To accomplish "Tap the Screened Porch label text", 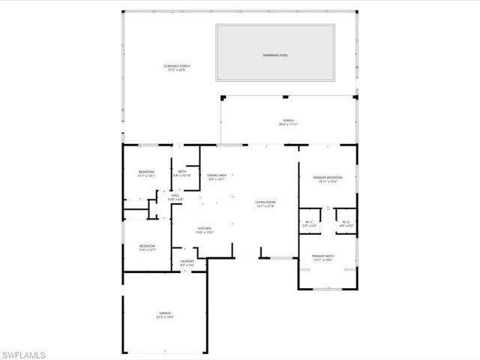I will (176, 66).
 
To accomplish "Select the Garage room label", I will (165, 313).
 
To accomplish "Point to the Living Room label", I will (266, 202).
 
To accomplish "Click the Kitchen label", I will (205, 229).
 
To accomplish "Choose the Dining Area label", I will (216, 175).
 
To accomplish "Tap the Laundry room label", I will (187, 261).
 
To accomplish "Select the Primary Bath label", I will (328, 256).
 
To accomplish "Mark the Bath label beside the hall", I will (183, 172).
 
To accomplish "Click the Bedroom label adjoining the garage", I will (147, 246).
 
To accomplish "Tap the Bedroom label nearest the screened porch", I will (146, 172).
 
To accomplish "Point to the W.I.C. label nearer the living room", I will (309, 221).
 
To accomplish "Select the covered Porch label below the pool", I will (288, 121).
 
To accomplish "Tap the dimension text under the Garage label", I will (165, 317).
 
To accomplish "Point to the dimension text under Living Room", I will (266, 206).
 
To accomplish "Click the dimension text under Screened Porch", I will (176, 70).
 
